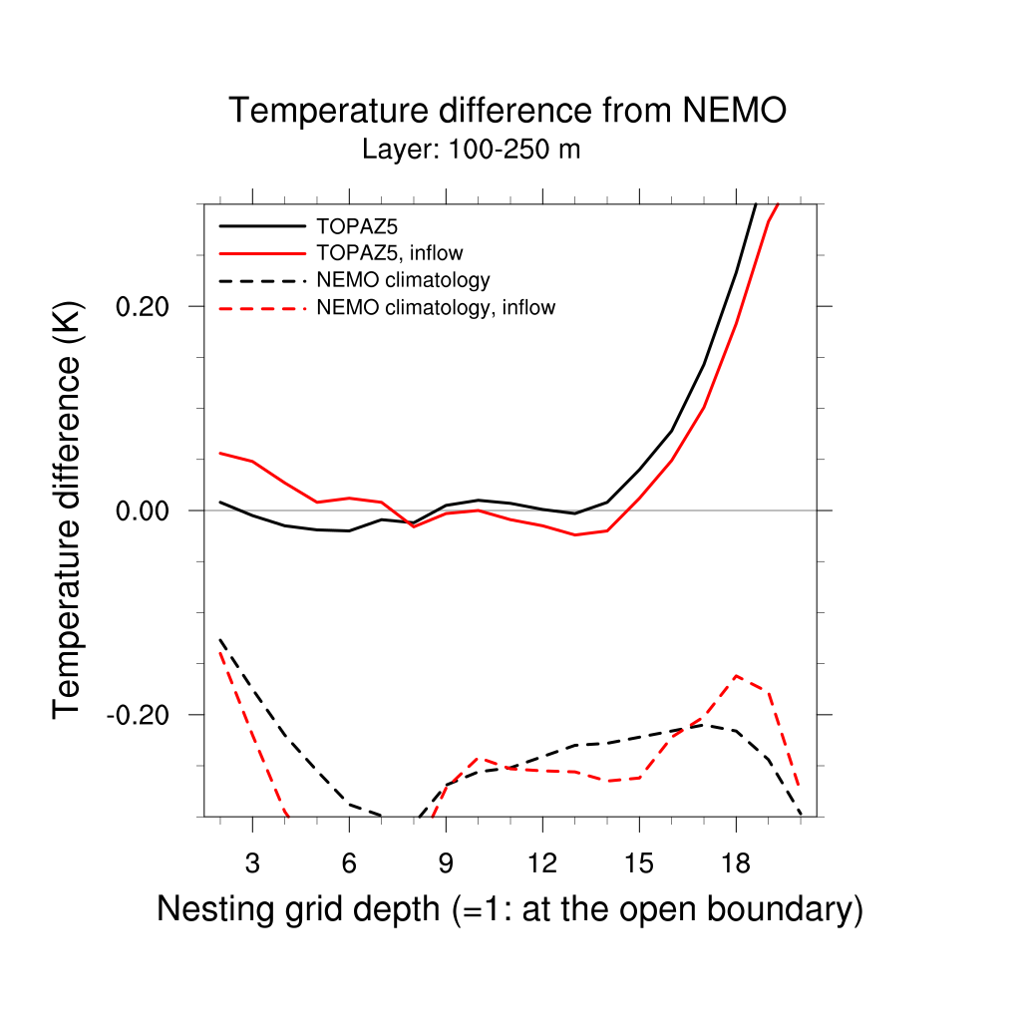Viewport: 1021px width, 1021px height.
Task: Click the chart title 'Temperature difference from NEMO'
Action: coord(508,111)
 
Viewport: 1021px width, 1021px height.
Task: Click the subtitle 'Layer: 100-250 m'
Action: coord(471,151)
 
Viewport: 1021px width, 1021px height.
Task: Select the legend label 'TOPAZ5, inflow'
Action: coord(389,252)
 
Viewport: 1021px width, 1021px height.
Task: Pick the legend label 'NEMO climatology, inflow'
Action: coord(435,308)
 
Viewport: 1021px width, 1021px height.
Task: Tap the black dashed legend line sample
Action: coord(261,280)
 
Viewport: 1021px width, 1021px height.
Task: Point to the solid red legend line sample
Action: coord(261,252)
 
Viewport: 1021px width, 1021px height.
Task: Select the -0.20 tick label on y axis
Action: coord(140,716)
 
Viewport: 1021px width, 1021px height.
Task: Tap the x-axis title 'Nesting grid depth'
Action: coord(509,909)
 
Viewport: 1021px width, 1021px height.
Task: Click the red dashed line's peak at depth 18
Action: coord(736,676)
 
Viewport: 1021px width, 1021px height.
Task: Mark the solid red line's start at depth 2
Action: coord(220,453)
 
